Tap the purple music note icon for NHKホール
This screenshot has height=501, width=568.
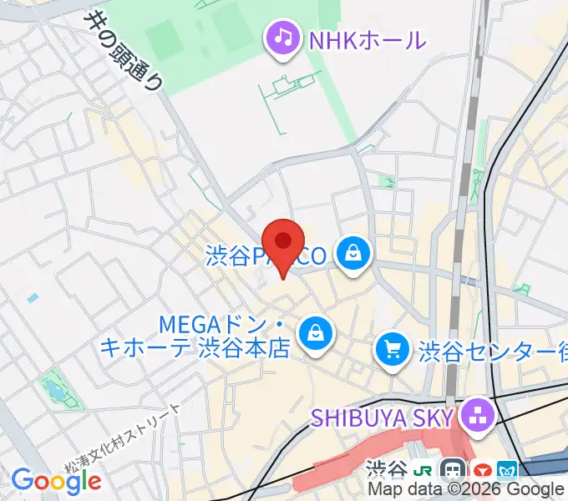[x=283, y=39]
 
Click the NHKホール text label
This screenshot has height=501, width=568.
[x=368, y=39]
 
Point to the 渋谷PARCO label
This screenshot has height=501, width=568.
[x=267, y=256]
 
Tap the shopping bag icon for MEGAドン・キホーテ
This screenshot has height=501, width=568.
[x=316, y=331]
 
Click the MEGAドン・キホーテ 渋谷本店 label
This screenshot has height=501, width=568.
[x=195, y=334]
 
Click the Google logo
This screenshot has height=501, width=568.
[x=56, y=480]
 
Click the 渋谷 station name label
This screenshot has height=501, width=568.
[x=386, y=470]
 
